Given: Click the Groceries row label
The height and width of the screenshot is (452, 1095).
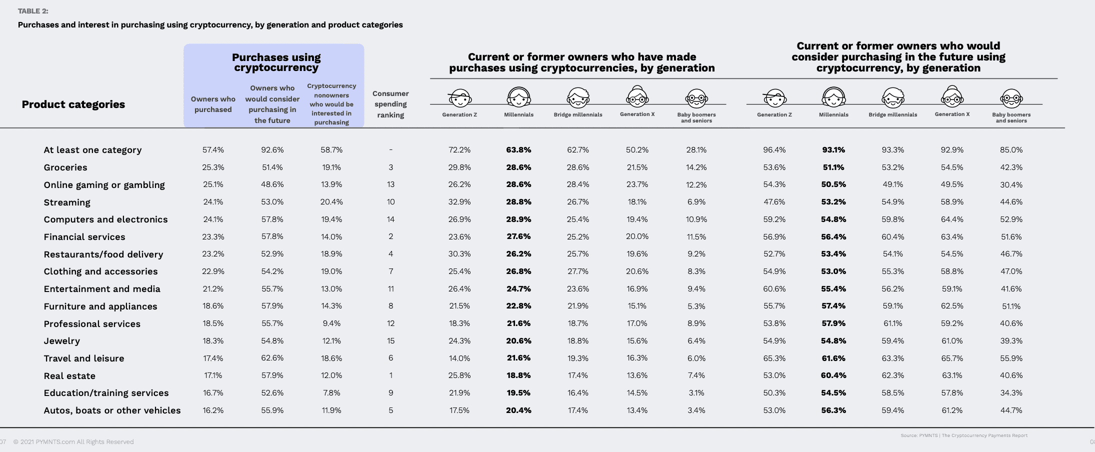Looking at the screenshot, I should [x=65, y=167].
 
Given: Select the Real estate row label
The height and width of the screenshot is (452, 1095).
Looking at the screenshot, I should [x=69, y=376].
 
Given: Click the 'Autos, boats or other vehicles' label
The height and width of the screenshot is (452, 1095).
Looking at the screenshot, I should [x=112, y=410].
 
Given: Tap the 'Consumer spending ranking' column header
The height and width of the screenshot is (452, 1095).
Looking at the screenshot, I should [x=390, y=104].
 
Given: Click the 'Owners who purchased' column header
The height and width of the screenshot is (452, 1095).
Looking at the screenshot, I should [x=213, y=104].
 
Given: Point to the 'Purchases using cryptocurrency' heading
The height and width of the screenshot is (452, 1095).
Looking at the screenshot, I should [x=276, y=62].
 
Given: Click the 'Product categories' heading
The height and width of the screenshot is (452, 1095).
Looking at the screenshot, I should [x=73, y=104].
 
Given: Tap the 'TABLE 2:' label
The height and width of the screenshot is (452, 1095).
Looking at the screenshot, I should [x=33, y=11].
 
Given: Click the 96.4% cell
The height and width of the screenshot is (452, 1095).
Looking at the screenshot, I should [x=774, y=150].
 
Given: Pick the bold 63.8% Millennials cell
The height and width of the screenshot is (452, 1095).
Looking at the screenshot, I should [x=518, y=150].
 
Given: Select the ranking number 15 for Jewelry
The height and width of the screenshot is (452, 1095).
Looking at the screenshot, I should [x=390, y=341].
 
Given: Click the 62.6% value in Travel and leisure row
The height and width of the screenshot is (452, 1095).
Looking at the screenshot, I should [x=272, y=358].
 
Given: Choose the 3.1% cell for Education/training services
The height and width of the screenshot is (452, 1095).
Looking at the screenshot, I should [x=696, y=393].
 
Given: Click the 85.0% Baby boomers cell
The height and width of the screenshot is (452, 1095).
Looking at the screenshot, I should [x=1011, y=150].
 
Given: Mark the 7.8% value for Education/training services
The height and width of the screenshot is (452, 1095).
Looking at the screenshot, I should [x=331, y=393].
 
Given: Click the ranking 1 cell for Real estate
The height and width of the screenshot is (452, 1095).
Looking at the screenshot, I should [x=390, y=375].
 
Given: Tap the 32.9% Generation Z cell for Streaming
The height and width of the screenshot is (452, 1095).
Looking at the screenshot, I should [x=459, y=202].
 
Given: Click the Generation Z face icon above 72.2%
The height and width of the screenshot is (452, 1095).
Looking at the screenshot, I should [x=459, y=97].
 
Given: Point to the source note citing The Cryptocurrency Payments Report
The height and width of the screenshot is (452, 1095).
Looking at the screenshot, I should [x=964, y=435].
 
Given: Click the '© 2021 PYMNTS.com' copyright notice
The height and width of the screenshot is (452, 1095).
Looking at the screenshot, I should [x=73, y=442].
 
